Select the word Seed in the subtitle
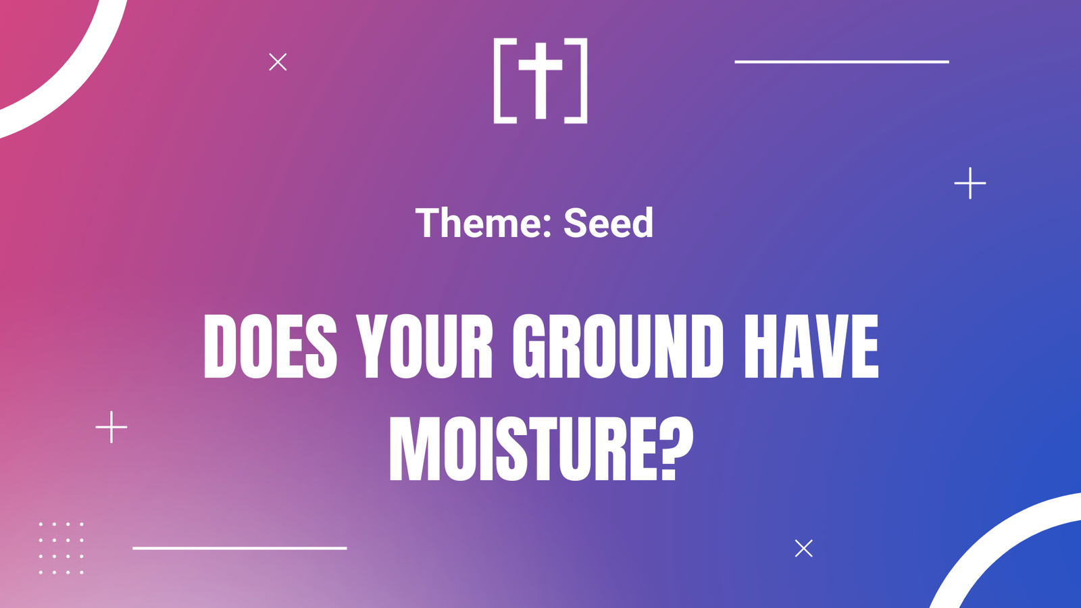click(608, 222)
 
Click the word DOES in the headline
click(270, 347)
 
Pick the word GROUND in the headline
click(618, 347)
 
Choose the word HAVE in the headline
click(811, 347)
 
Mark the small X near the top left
click(278, 61)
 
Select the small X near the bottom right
click(803, 548)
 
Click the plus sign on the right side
click(970, 183)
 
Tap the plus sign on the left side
click(111, 427)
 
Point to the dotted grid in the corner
click(61, 548)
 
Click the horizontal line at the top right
click(842, 61)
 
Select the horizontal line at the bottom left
click(240, 548)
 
